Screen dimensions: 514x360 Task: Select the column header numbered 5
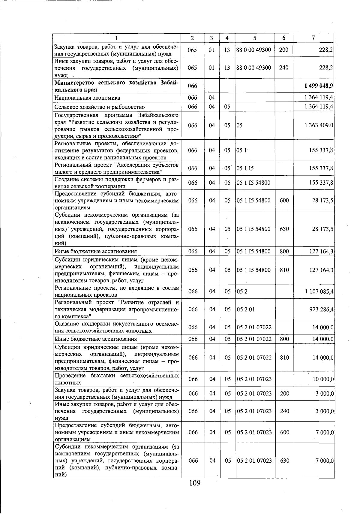(255, 38)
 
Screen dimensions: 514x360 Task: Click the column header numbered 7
(313, 38)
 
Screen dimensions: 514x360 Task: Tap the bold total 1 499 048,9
(318, 86)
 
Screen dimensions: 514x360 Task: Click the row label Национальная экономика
(87, 98)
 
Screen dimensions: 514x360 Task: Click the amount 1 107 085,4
(319, 291)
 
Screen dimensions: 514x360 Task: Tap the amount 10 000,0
(323, 379)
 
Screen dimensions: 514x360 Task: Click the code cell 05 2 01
(246, 309)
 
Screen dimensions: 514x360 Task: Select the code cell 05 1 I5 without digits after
(245, 168)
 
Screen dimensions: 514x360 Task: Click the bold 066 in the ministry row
(192, 86)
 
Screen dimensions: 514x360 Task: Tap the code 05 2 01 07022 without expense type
(254, 327)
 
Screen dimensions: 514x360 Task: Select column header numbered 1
(116, 38)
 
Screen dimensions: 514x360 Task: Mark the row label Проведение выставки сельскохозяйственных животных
(117, 379)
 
